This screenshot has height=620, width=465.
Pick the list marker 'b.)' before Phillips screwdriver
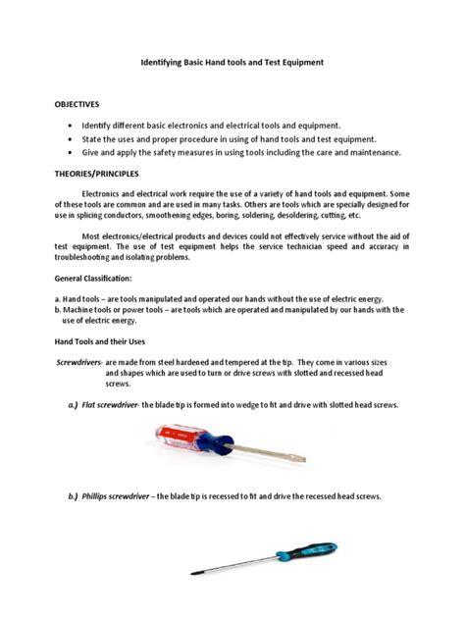click(73, 496)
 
